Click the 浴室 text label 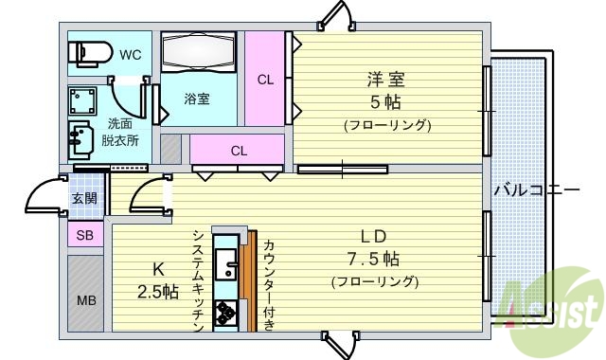(197, 98)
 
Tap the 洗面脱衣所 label (120, 133)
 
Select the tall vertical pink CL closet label (266, 80)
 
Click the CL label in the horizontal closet (239, 150)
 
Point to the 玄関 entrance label (83, 198)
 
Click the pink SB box (84, 236)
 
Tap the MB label (84, 300)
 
